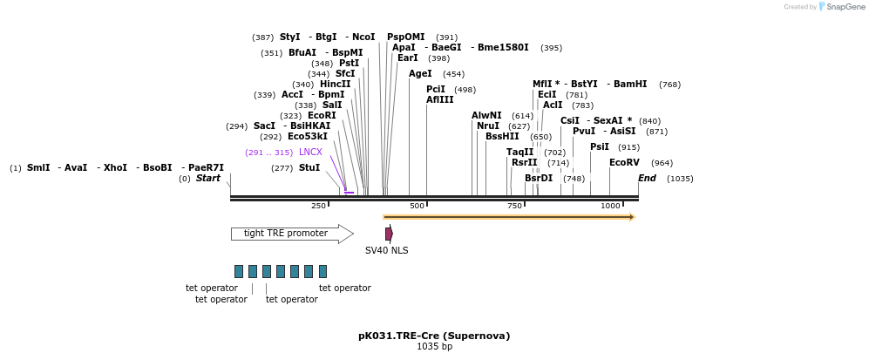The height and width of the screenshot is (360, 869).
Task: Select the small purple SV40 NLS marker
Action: [x=389, y=234]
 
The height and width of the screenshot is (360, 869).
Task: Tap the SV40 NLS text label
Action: [x=386, y=251]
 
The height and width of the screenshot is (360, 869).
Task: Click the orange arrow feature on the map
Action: [x=509, y=217]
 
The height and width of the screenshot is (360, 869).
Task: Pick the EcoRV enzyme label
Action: [x=624, y=163]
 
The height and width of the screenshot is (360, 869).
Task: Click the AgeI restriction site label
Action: [x=420, y=74]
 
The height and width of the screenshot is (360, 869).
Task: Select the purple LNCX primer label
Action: [x=310, y=153]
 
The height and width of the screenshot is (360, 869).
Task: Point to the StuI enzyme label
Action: [x=309, y=168]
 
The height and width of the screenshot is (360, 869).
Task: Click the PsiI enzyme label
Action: [x=600, y=147]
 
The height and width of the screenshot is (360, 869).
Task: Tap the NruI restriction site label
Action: [x=488, y=126]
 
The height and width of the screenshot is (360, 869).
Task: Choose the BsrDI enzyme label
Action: [x=539, y=179]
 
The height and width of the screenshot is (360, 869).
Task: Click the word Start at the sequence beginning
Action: [x=208, y=179]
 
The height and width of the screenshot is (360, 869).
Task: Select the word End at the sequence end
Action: [x=647, y=179]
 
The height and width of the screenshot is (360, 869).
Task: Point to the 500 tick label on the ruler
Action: [x=417, y=206]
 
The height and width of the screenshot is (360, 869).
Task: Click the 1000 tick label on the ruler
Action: [x=610, y=206]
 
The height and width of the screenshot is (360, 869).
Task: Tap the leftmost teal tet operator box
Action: [x=239, y=271]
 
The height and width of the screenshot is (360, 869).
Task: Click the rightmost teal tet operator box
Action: [x=322, y=271]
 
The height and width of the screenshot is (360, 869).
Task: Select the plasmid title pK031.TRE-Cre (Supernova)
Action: [x=434, y=336]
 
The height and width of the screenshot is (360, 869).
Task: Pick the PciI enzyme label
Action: [x=436, y=90]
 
